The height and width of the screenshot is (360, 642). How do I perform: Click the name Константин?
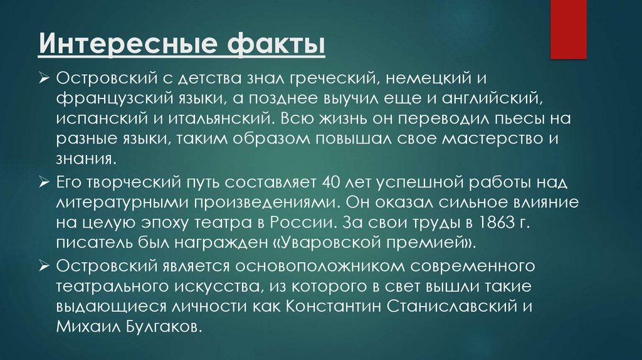tap(326, 307)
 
